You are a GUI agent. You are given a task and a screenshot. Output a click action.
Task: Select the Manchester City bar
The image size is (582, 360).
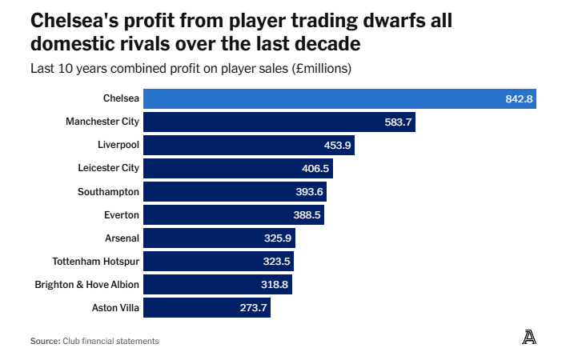coord(280,122)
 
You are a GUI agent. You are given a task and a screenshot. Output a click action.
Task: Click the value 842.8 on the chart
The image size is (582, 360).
coord(519,99)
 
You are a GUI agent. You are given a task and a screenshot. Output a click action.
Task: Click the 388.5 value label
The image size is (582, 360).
coord(307,215)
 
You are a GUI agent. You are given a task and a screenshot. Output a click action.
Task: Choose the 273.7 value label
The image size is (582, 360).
coord(254,308)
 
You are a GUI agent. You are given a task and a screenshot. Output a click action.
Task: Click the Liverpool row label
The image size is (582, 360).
coord(118,145)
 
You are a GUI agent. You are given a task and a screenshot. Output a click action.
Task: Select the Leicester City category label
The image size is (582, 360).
coord(108,168)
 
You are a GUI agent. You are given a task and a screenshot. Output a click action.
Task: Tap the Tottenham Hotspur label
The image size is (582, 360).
coord(95,262)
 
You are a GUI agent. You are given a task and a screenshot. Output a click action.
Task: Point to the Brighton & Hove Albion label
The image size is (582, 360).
coord(86,285)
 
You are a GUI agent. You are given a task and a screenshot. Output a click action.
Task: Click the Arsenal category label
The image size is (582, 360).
coord(122,238)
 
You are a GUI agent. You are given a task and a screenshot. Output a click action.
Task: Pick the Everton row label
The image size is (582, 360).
coord(121,215)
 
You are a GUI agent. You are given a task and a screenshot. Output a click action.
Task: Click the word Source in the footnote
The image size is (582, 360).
coord(45,341)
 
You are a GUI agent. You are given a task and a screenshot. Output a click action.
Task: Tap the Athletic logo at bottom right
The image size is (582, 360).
coord(528,338)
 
